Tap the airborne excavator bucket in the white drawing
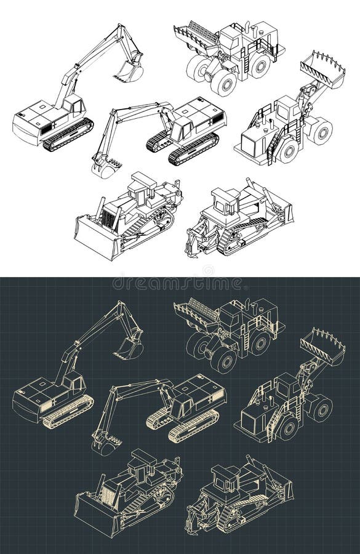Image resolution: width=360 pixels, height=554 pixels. point(129,72)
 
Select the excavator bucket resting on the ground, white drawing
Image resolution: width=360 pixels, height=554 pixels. point(106,167)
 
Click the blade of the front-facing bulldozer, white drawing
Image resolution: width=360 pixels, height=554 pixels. point(96,237)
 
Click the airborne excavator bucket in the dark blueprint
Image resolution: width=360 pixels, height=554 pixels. point(129,349)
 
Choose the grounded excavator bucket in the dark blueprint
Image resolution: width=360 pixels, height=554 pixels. point(106,444)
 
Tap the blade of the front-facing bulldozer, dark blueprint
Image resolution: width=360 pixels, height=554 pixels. point(96,514)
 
